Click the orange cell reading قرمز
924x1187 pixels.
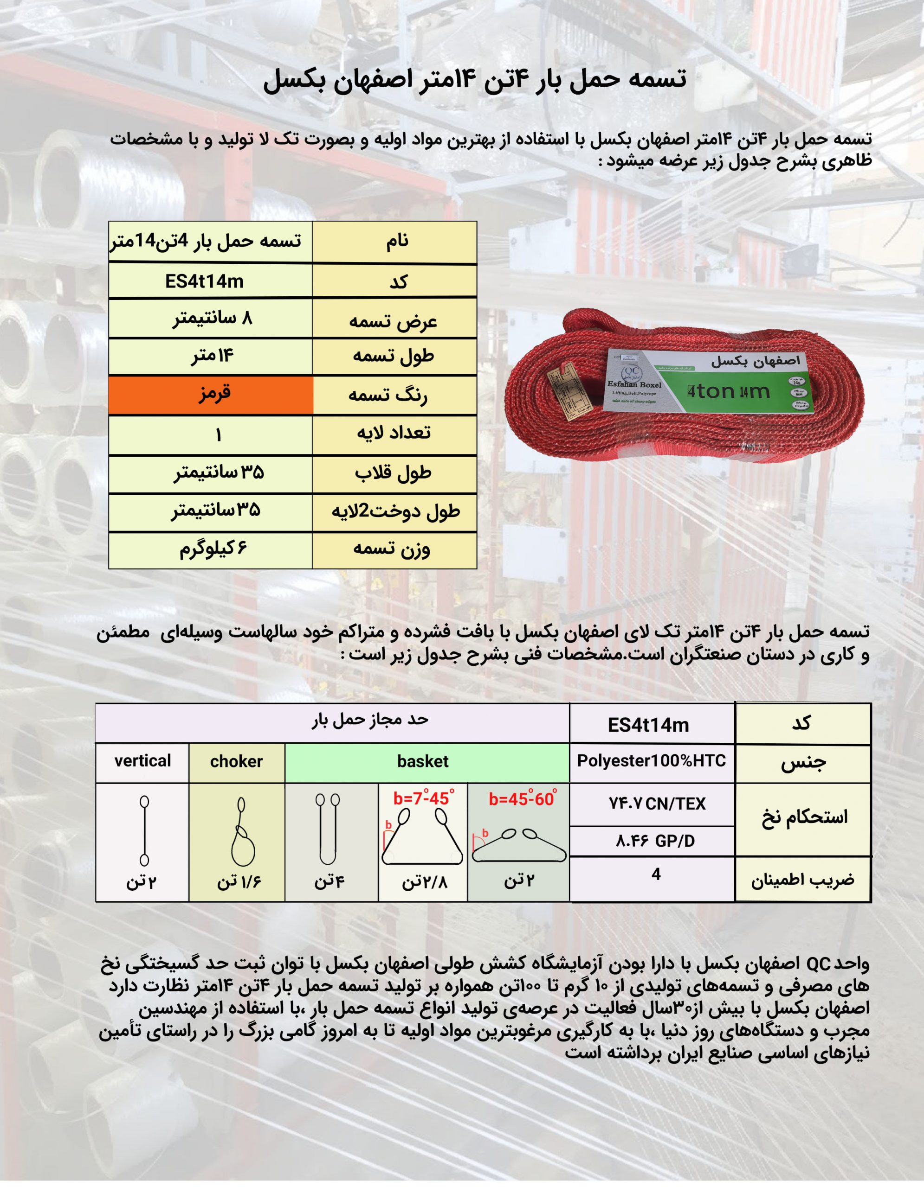(x=211, y=395)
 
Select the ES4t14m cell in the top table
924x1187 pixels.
(x=205, y=281)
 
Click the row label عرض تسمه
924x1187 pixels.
(x=393, y=321)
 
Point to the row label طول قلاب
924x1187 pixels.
(x=393, y=473)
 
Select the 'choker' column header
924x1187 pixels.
(x=237, y=761)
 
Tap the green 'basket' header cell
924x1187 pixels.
(x=423, y=761)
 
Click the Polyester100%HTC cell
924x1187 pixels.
(x=652, y=761)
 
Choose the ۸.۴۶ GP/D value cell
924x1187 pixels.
(x=655, y=842)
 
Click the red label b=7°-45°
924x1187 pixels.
(x=423, y=798)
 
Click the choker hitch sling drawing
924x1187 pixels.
(x=241, y=831)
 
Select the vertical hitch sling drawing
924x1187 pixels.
(x=144, y=830)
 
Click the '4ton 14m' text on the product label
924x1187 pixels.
(x=729, y=391)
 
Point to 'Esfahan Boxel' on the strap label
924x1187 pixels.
(x=634, y=385)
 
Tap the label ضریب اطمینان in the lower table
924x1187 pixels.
(x=803, y=880)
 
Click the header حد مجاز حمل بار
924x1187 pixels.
(x=370, y=720)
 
